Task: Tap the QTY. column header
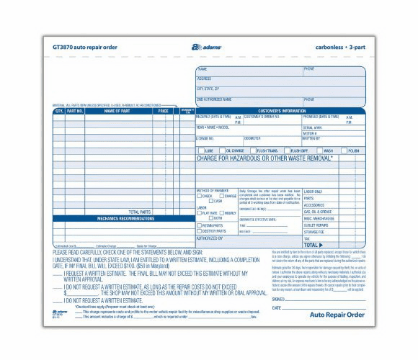click(59, 112)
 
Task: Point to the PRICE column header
click(164, 112)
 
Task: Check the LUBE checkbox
click(201, 151)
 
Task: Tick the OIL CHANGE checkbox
click(223, 151)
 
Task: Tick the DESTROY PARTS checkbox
click(199, 231)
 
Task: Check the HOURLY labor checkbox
click(221, 212)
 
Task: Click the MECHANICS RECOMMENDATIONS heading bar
click(122, 217)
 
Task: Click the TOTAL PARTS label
click(140, 212)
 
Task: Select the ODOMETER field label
click(252, 137)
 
